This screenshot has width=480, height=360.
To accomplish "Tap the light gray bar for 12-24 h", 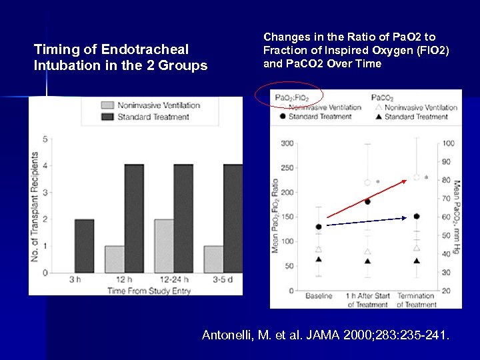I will (163, 245).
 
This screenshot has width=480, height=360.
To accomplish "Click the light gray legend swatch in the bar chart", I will (107, 105).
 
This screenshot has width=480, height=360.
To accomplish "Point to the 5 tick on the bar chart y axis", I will (45, 139).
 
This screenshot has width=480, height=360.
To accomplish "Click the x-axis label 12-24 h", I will (173, 280).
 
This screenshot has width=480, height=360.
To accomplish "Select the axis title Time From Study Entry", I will (149, 291).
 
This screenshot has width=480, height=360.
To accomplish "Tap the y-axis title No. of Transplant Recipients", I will (35, 207).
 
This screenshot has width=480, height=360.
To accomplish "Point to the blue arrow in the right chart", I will (367, 221).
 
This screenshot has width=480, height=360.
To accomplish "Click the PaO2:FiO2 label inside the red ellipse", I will (289, 98).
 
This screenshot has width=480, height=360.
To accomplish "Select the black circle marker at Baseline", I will (319, 227).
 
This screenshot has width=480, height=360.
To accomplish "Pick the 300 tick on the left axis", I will (287, 143).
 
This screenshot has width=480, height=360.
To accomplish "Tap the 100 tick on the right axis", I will (448, 143).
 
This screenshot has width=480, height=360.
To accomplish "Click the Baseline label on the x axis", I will (319, 296).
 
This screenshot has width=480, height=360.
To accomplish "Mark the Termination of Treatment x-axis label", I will (416, 300).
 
